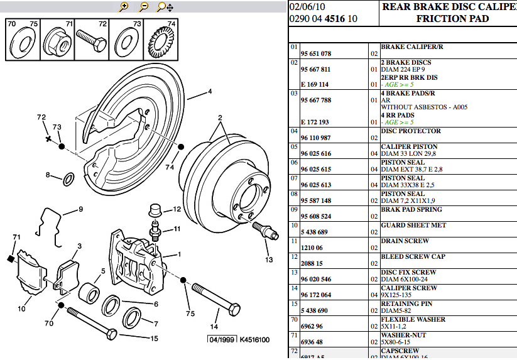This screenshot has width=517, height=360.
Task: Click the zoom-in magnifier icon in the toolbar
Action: [x=123, y=7]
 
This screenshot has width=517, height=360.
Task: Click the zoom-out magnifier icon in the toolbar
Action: [x=143, y=7]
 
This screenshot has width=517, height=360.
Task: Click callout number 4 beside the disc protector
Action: [x=210, y=91]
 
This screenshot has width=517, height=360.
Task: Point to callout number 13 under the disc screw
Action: [x=269, y=259]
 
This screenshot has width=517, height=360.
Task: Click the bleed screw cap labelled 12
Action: [x=155, y=210]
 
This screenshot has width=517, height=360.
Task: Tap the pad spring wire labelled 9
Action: [x=50, y=227]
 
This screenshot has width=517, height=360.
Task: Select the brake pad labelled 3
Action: [x=67, y=275]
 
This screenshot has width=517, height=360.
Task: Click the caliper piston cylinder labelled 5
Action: [x=89, y=293]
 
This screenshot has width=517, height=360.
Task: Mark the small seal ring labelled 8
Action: [x=68, y=179]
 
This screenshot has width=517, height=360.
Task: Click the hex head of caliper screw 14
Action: [x=234, y=308]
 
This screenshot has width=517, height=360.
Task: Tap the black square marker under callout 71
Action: [x=10, y=259]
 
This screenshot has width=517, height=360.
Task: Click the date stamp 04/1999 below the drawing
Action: [x=222, y=339]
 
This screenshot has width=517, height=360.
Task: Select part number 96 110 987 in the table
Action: [x=315, y=138]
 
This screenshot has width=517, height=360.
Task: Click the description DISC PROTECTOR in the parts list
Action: [x=411, y=131]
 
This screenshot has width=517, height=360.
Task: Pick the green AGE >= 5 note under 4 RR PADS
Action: [x=397, y=123]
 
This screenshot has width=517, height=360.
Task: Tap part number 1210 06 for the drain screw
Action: [x=312, y=248]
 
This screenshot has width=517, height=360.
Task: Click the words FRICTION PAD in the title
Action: [x=452, y=19]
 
